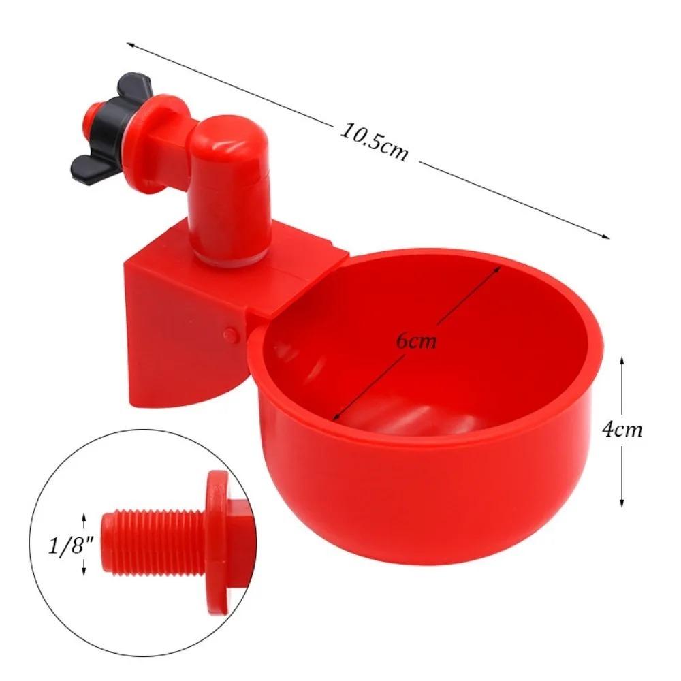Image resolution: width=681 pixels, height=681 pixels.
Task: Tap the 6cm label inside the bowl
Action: click(417, 340)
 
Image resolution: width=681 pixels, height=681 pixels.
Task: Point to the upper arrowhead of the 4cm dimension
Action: click(622, 359)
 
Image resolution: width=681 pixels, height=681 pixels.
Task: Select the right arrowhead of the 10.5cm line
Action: click(606, 236)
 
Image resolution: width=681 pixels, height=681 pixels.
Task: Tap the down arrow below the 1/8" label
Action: click(84, 573)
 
